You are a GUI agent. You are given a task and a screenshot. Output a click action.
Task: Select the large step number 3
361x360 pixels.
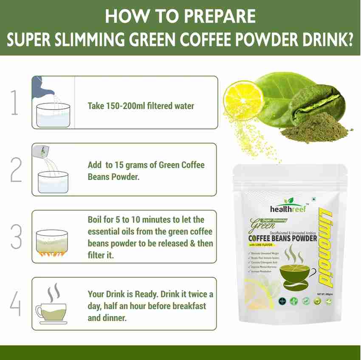coord(16,236)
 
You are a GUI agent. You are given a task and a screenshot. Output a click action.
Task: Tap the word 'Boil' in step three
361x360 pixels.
coord(96,220)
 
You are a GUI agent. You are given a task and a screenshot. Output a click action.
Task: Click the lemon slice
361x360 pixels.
coord(240,97)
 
